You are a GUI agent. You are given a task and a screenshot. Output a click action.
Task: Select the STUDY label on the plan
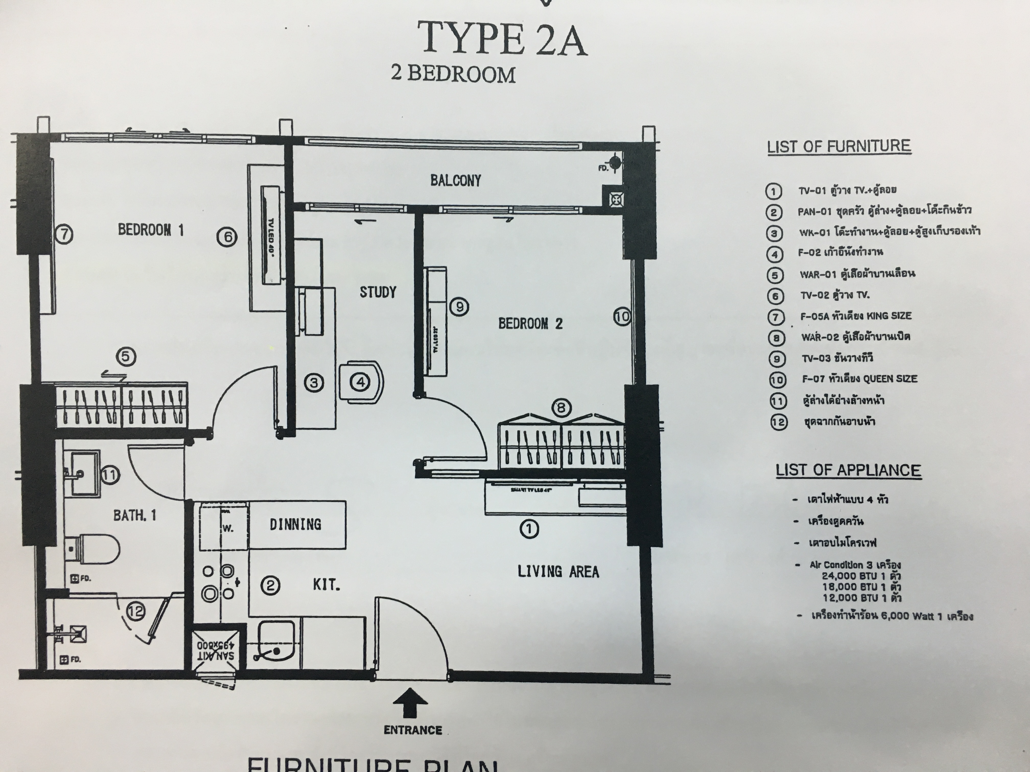coord(378,292)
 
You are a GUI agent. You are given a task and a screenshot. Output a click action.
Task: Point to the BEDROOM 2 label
coord(530,323)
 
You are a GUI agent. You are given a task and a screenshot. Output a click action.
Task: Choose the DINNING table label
coord(295,524)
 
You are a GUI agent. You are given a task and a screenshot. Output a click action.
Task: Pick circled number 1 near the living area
coord(529,529)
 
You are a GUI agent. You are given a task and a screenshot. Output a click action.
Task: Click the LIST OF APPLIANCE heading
coord(848,470)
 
